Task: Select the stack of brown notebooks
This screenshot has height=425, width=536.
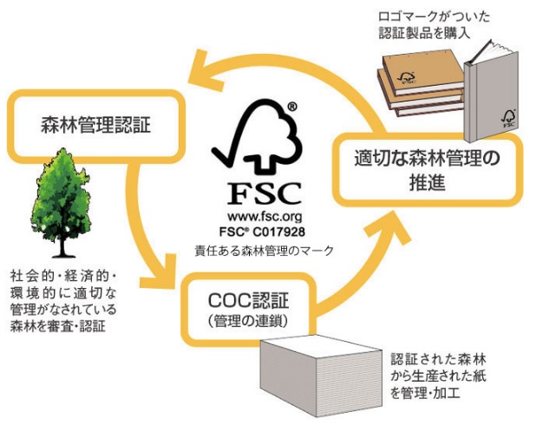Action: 422,87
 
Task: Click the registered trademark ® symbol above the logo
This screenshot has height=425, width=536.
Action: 292,108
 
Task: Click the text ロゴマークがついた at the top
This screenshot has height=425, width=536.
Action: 422,16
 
